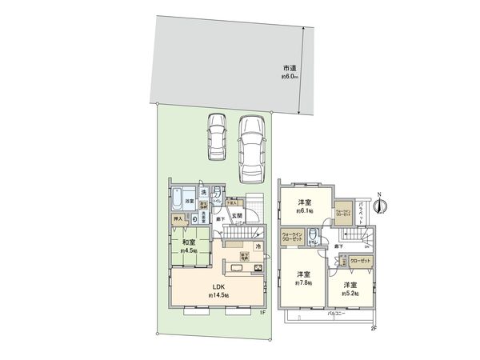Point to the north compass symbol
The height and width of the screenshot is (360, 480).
(382, 206)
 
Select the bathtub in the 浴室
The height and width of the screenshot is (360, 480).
(176, 198)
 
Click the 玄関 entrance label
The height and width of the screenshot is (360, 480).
(238, 216)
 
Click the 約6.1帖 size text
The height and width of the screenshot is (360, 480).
(305, 212)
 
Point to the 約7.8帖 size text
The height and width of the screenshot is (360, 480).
(303, 283)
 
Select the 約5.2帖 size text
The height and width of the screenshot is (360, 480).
(350, 293)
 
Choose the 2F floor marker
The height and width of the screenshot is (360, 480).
(373, 328)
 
